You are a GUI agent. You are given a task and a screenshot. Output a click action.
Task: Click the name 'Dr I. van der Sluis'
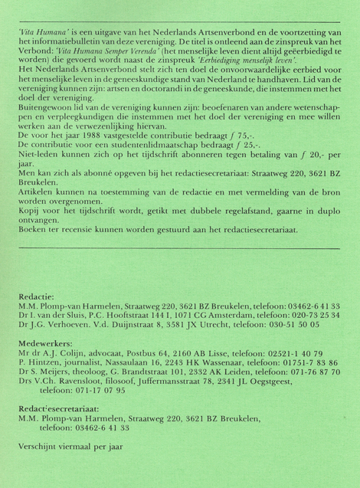(47, 315)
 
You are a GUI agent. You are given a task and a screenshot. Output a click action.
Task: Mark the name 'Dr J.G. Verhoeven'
(47, 325)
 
